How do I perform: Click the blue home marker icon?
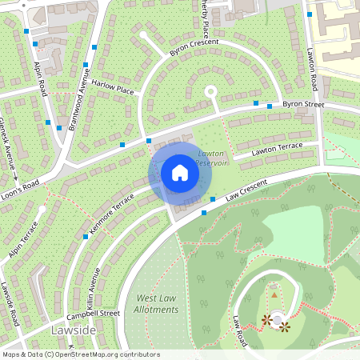click(180, 173)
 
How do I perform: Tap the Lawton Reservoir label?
click(212, 157)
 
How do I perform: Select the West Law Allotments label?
click(156, 303)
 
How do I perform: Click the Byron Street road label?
click(303, 104)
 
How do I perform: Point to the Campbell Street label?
click(98, 314)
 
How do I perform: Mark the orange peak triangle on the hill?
click(274, 294)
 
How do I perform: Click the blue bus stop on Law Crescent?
click(204, 213)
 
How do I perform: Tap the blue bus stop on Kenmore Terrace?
click(86, 237)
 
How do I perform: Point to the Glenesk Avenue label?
click(10, 139)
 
